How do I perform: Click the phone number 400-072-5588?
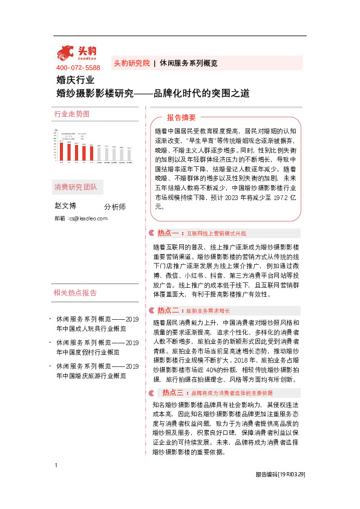77,67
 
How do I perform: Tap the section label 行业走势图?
71,114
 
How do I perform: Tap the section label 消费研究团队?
75,186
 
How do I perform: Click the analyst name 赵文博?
66,206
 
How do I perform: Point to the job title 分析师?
115,207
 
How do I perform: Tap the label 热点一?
166,232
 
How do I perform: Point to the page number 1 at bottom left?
56,482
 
